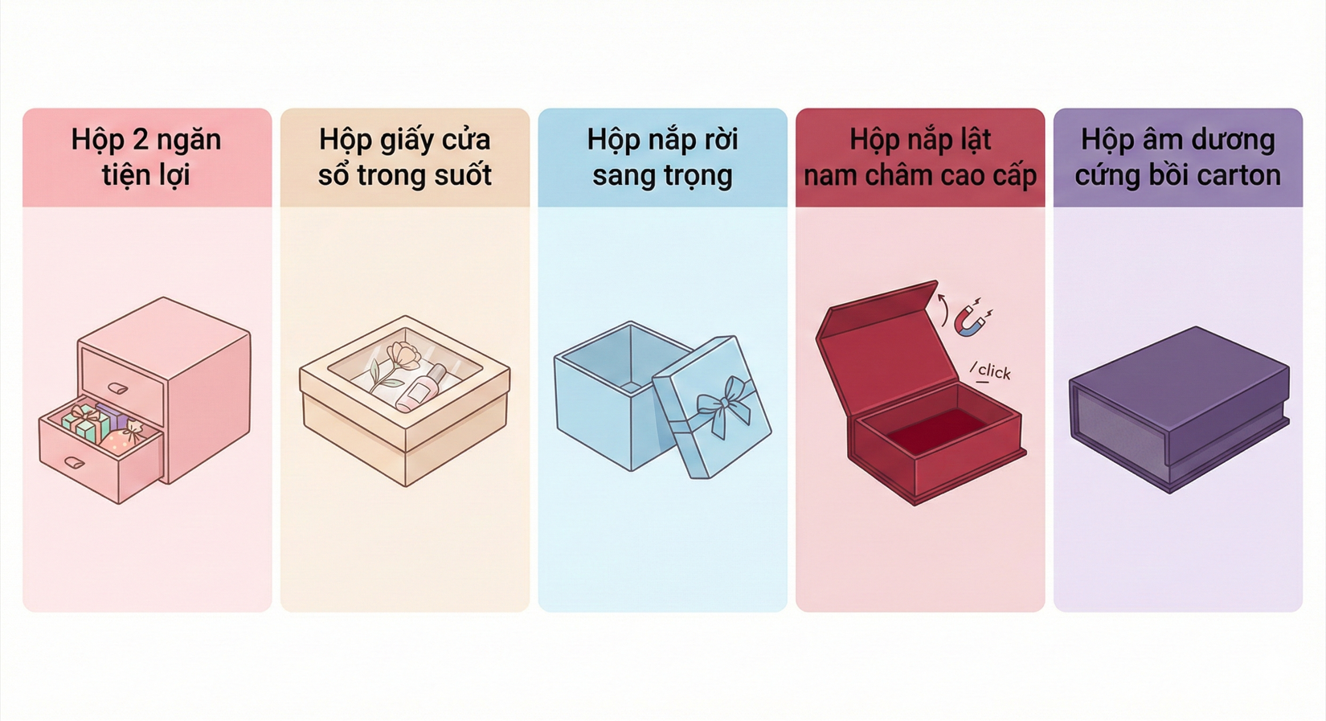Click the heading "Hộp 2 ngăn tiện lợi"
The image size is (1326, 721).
[x=146, y=157]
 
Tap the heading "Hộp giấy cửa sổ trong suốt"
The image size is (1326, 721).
[x=404, y=157]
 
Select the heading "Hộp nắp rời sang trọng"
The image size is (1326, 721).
[x=662, y=157]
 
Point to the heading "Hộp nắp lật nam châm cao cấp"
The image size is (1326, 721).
[x=920, y=157]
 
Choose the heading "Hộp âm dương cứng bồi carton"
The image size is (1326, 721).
[x=1177, y=157]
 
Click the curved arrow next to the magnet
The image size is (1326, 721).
[x=943, y=309]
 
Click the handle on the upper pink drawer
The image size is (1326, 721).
[x=117, y=388]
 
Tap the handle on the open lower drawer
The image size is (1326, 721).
[x=74, y=462]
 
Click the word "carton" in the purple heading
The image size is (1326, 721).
[x=1241, y=175]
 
